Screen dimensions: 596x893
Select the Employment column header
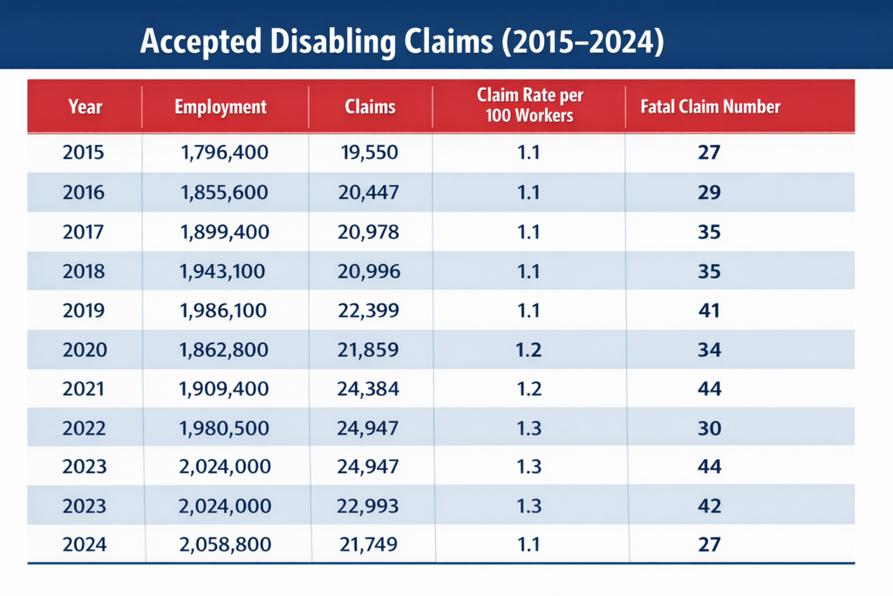tap(221, 107)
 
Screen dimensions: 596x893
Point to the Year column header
tap(85, 107)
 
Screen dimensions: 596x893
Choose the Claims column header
tap(370, 107)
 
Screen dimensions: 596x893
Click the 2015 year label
tap(84, 153)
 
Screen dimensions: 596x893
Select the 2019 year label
tap(84, 310)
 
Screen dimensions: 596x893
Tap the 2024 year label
tap(84, 545)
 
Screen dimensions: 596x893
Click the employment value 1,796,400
tap(225, 153)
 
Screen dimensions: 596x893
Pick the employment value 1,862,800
tap(225, 349)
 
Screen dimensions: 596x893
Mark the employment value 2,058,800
tap(225, 545)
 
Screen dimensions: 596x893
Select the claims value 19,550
tap(370, 153)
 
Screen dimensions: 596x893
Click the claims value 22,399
tap(370, 310)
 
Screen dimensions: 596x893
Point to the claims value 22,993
tap(370, 506)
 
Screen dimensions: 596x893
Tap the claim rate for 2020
tap(528, 349)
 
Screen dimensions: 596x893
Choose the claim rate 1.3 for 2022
tap(528, 428)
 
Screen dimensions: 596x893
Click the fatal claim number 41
tap(709, 310)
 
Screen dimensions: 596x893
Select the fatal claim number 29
tap(709, 192)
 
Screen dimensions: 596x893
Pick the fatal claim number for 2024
tap(709, 545)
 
